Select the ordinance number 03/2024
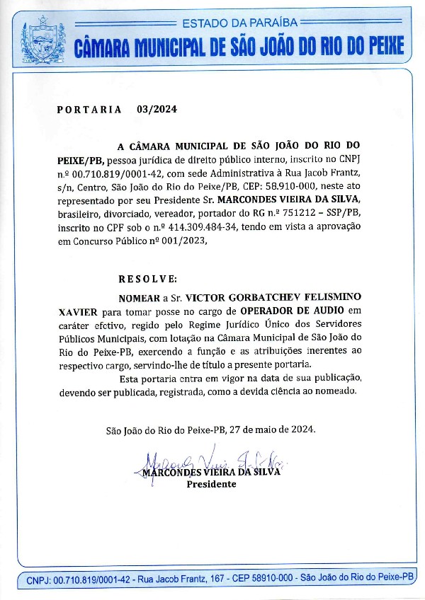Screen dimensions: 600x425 tap(157, 110)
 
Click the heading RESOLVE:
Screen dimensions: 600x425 tap(147, 279)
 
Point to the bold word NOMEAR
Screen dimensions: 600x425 tap(138, 297)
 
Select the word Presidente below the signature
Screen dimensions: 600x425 tap(211, 485)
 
